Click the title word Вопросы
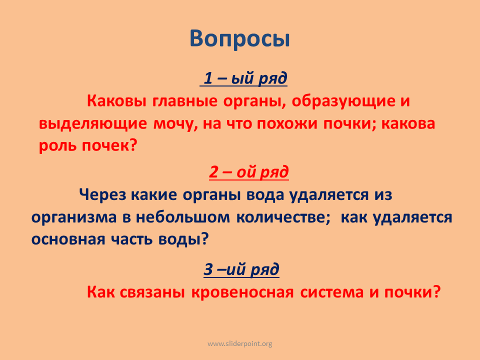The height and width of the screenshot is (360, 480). click(239, 39)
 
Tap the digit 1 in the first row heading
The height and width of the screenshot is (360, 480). click(208, 78)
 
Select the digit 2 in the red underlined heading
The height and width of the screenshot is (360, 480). click(213, 171)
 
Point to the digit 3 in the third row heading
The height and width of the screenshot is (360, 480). click(208, 269)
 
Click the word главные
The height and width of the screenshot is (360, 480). click(185, 101)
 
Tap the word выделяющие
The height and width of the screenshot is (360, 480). click(93, 124)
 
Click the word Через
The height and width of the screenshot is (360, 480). click(102, 195)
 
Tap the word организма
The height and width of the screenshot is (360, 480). click(74, 217)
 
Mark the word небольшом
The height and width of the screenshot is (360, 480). click(183, 217)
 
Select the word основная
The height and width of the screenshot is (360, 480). click(68, 239)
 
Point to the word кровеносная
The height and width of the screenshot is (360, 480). click(243, 292)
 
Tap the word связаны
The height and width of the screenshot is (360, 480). click(152, 292)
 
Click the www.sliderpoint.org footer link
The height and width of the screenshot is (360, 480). click(240, 344)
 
